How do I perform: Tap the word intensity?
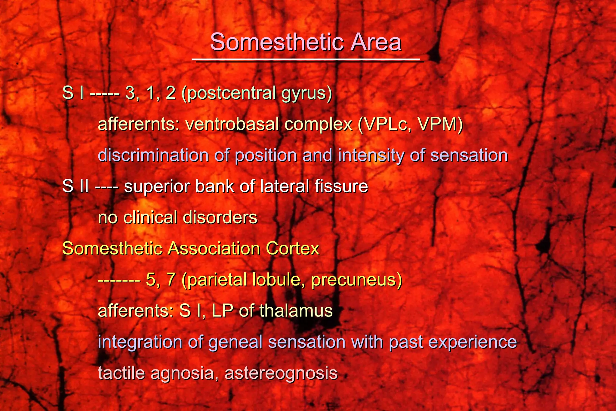(x=371, y=156)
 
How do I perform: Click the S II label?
(x=75, y=186)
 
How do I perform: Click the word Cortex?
(x=292, y=249)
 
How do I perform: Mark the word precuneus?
(x=356, y=280)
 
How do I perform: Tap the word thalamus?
(x=296, y=311)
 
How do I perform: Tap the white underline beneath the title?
(x=306, y=60)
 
